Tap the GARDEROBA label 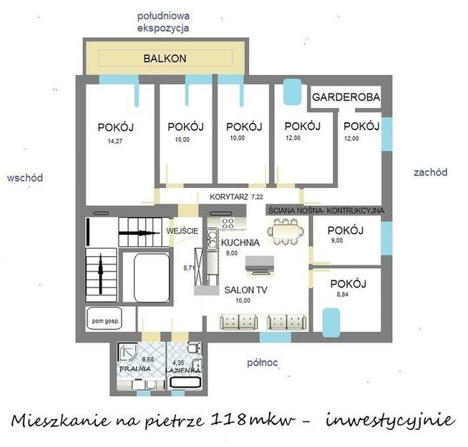coord(345,97)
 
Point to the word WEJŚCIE coord(182,232)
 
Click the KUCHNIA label coord(240,242)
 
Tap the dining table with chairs coord(285,232)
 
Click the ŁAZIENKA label coord(184,371)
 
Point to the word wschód coord(24,177)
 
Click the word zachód coord(430,172)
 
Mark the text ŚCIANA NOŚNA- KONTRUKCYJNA coord(326,211)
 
